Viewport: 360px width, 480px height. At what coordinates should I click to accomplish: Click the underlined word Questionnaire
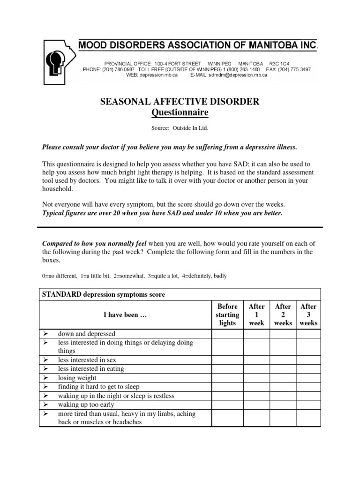180,113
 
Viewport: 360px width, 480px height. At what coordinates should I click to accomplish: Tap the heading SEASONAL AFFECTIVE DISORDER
180,102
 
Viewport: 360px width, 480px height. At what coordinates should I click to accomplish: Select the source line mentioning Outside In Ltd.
180,128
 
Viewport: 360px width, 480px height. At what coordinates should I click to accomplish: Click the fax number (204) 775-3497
293,69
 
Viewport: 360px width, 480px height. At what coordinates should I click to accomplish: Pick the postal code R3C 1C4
295,63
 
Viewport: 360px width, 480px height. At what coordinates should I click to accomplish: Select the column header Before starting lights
227,315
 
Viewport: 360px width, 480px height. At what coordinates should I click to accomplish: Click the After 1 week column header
256,315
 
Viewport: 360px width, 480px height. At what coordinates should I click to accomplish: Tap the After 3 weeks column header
308,315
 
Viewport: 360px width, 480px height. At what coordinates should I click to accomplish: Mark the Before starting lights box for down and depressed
227,334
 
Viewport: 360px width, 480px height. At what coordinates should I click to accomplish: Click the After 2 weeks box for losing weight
283,378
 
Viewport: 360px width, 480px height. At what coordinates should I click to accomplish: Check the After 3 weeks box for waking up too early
308,405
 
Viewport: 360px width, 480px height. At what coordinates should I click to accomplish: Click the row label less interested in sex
87,360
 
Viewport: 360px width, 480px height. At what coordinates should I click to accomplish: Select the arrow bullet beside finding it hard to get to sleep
45,387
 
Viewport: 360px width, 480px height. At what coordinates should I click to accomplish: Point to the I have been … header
125,315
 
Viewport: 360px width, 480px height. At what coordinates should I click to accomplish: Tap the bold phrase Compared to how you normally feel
95,243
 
